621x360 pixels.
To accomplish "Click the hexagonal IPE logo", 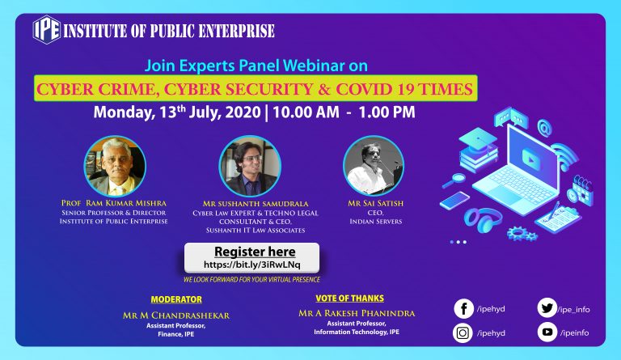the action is (x=47, y=30).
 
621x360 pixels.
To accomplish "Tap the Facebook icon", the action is (x=464, y=308).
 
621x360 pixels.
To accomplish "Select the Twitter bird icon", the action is (x=547, y=308).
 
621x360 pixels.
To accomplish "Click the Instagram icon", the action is (x=463, y=332).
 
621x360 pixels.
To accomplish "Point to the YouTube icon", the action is (x=547, y=332).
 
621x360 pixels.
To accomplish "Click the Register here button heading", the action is (x=255, y=252).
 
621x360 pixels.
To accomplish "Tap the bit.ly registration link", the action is (x=252, y=265).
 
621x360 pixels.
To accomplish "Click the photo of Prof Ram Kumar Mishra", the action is (x=115, y=166).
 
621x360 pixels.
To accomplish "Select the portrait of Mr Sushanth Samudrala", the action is (x=250, y=166).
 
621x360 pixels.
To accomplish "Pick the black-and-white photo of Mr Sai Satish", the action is (x=374, y=166).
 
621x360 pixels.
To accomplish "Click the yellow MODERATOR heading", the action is (x=176, y=300).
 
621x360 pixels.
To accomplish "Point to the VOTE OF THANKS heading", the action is (x=349, y=299).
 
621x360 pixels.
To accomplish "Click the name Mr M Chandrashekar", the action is (x=175, y=316).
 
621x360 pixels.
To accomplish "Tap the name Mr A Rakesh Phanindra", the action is (x=357, y=313).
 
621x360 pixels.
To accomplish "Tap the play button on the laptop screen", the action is (x=531, y=158).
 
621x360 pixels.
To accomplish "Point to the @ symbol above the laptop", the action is (x=544, y=129).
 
